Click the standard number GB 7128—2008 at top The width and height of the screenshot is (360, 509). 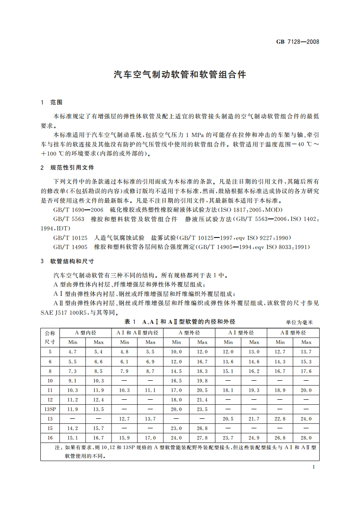[x=297, y=42]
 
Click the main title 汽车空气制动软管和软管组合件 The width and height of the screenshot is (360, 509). [x=180, y=75]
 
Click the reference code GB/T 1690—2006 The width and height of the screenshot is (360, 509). [x=78, y=210]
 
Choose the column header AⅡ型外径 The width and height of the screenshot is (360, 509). [x=293, y=333]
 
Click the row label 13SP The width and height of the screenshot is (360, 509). [x=50, y=409]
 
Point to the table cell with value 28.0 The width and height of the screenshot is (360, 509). [x=306, y=438]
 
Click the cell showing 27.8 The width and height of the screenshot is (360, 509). [x=202, y=438]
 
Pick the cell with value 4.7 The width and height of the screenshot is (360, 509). [x=73, y=352]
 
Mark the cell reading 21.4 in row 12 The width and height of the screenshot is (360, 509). [x=202, y=400]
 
